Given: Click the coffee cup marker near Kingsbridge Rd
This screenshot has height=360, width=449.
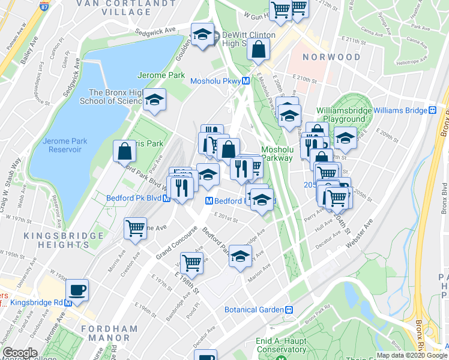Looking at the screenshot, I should pos(77,290).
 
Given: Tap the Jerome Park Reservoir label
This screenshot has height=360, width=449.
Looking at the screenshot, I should pos(65,145).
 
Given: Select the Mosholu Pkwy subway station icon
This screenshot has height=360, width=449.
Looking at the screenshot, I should pos(246,81).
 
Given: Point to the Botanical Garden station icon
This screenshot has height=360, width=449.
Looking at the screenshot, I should pos(289,310).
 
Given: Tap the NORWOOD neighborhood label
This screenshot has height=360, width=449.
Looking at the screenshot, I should pos(332,58).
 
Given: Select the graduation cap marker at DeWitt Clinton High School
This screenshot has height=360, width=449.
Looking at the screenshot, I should pos(202,34).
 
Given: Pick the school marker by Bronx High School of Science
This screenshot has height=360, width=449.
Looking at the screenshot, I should pos(154,100).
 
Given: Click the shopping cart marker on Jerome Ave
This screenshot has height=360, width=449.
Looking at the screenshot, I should pos(135,229).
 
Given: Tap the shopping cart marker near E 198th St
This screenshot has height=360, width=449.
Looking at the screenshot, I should pos(191,262).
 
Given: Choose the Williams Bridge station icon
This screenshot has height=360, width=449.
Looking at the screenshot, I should pos(432,110).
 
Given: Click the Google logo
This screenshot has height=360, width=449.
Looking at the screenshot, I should pos(19,353).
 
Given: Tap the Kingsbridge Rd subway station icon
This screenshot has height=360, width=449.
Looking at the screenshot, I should pos(68,303).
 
